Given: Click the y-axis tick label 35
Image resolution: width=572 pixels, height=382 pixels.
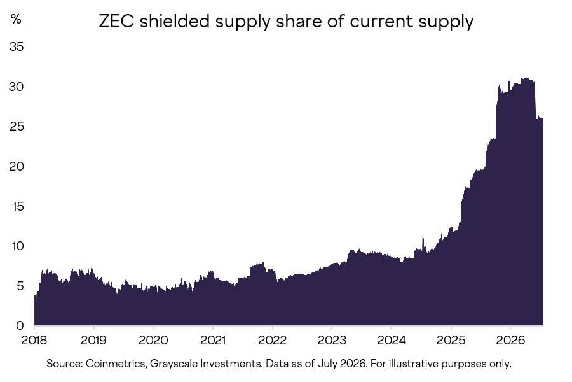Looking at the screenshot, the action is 17,46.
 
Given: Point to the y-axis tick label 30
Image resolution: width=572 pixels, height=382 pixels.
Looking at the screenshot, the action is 17,87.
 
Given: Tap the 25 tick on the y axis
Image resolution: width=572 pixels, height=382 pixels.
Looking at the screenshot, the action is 17,127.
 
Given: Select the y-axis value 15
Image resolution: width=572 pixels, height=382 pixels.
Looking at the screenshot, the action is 17,206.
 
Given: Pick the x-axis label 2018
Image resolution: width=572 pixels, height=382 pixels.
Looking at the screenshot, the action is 34,341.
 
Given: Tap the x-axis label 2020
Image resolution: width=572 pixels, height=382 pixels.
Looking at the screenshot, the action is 153,341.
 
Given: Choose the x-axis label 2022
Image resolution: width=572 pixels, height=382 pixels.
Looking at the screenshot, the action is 272,341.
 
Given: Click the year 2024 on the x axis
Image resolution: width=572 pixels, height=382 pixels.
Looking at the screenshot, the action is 392,341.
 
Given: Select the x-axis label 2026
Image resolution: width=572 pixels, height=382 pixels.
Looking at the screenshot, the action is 510,341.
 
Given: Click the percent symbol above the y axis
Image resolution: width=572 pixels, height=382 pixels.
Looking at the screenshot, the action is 16,19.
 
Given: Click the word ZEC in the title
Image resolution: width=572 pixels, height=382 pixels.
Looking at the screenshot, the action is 117,21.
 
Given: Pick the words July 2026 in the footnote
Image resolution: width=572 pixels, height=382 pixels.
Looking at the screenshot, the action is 341,364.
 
